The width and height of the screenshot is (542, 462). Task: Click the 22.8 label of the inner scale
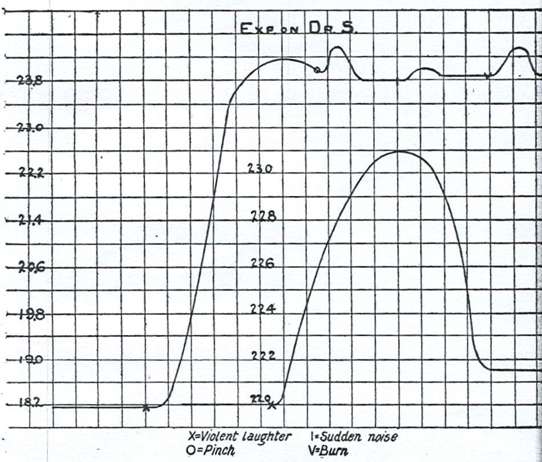[264, 217]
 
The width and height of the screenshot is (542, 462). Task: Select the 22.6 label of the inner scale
[264, 264]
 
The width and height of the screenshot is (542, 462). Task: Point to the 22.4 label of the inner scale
[264, 310]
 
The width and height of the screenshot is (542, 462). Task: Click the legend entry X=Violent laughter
[239, 436]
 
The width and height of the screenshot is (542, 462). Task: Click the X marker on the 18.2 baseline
[146, 407]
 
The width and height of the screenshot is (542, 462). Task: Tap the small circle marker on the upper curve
[317, 70]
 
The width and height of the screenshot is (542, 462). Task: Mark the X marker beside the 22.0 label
[272, 405]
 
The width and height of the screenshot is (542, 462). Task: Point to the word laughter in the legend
[264, 436]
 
